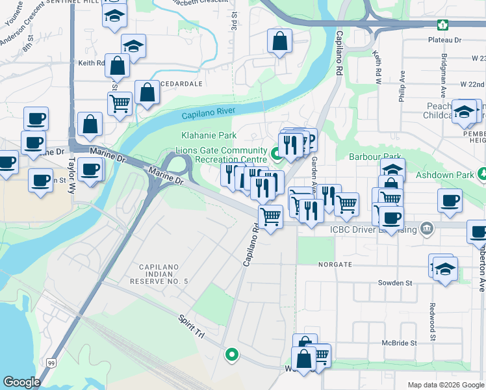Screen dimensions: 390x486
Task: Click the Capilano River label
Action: (x=208, y=114)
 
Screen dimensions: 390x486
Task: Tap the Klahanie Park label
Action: (x=208, y=136)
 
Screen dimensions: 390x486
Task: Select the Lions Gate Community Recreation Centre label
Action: (x=221, y=155)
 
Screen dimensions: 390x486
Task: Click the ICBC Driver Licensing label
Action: (x=372, y=228)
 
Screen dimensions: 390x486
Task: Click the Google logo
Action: (x=21, y=382)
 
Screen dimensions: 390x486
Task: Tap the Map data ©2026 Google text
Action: (x=445, y=385)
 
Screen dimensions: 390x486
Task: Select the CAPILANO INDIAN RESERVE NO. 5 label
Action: (x=163, y=274)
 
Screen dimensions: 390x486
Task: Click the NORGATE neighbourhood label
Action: (x=335, y=265)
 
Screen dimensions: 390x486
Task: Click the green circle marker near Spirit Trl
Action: (x=231, y=355)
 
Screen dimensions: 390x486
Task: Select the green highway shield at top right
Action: (x=442, y=25)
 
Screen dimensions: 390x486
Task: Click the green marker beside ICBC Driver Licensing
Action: (x=426, y=228)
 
